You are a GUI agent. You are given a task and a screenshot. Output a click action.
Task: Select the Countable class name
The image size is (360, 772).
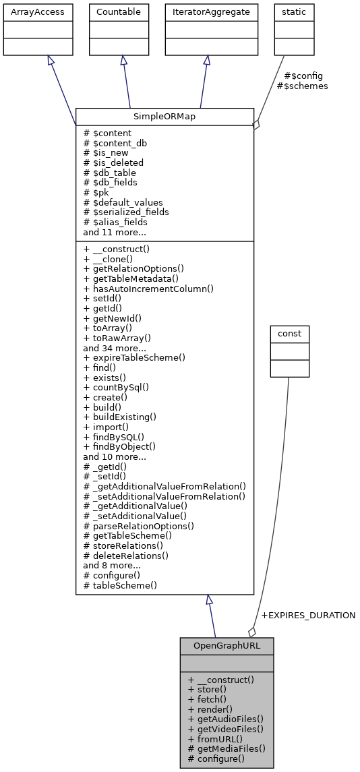(119, 11)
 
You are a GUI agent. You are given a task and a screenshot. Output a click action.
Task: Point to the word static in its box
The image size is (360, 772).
(294, 11)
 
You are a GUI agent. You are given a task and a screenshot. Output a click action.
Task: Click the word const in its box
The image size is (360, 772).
(289, 333)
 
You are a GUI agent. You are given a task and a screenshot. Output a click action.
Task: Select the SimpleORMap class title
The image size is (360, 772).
(164, 116)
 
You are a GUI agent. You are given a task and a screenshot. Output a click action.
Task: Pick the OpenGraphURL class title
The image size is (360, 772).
(227, 645)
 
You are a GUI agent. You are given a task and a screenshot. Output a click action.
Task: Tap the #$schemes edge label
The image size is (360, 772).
(302, 86)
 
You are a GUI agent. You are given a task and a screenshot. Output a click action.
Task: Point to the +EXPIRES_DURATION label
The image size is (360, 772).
(307, 615)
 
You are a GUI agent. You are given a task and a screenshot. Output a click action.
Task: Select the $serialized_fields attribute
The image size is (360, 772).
(125, 212)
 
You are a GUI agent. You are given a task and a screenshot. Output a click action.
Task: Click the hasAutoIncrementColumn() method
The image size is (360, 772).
(148, 289)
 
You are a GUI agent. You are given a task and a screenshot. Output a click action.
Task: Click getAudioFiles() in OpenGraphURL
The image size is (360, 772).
(225, 719)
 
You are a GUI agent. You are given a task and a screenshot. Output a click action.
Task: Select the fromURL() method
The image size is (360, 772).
(214, 738)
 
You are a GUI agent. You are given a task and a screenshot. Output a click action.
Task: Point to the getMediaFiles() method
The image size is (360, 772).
(226, 748)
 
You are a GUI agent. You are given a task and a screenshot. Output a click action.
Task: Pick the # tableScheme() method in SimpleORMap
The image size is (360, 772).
(120, 585)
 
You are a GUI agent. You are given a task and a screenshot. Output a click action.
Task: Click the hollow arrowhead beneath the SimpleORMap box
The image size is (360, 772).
(210, 600)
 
